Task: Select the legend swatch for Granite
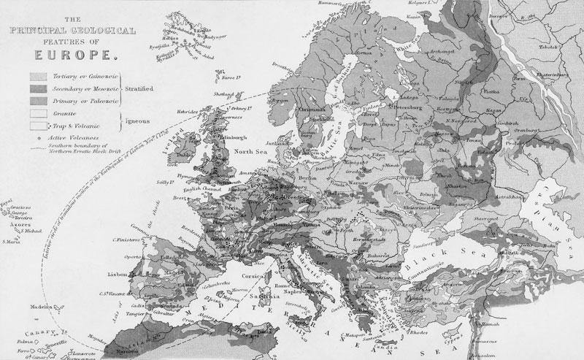(39, 115)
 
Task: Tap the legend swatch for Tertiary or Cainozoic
(39, 76)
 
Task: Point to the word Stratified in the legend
(139, 88)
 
